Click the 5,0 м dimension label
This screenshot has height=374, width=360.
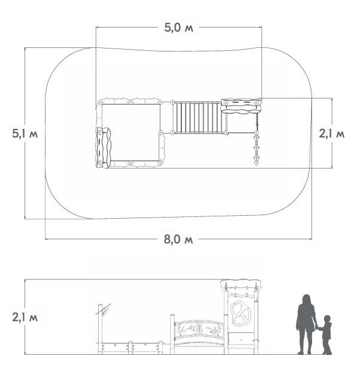pyautogui.click(x=179, y=28)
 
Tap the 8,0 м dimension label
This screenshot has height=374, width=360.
pyautogui.click(x=179, y=239)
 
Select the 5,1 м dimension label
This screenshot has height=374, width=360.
pyautogui.click(x=25, y=134)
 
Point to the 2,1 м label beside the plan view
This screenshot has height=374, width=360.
pyautogui.click(x=332, y=134)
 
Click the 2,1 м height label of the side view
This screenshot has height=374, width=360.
pyautogui.click(x=25, y=318)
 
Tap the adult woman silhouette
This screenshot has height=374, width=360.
pyautogui.click(x=306, y=324)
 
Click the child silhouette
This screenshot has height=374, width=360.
pyautogui.click(x=326, y=335)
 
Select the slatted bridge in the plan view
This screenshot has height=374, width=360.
pyautogui.click(x=199, y=117)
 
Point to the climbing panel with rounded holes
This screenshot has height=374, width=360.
pyautogui.click(x=241, y=313)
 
